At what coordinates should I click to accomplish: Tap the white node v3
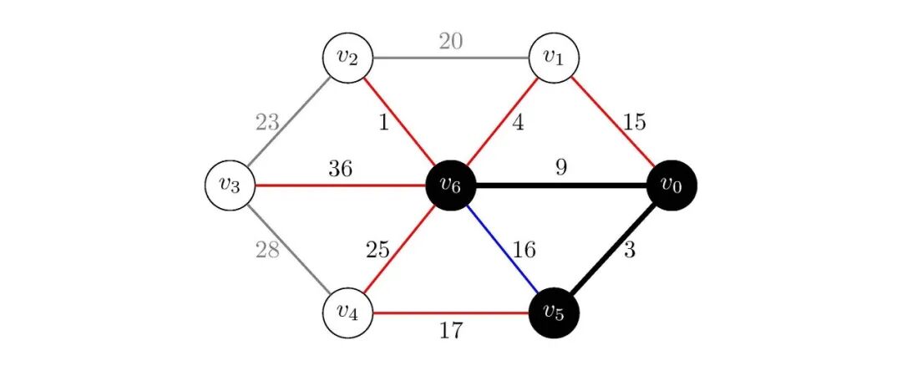pos(230,185)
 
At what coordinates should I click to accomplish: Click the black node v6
pos(451,185)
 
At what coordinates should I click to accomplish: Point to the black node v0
pos(671,185)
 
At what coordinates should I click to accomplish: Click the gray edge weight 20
pos(450,41)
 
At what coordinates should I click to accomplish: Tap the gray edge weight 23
pos(267,123)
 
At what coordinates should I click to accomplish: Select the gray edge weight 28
pos(267,250)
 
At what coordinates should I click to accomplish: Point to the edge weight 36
pos(340,169)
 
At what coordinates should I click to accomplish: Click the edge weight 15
pos(634,122)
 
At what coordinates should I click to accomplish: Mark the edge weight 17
pos(451,331)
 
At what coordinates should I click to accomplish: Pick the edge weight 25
pos(378,249)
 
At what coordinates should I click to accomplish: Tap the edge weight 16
pos(524,249)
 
